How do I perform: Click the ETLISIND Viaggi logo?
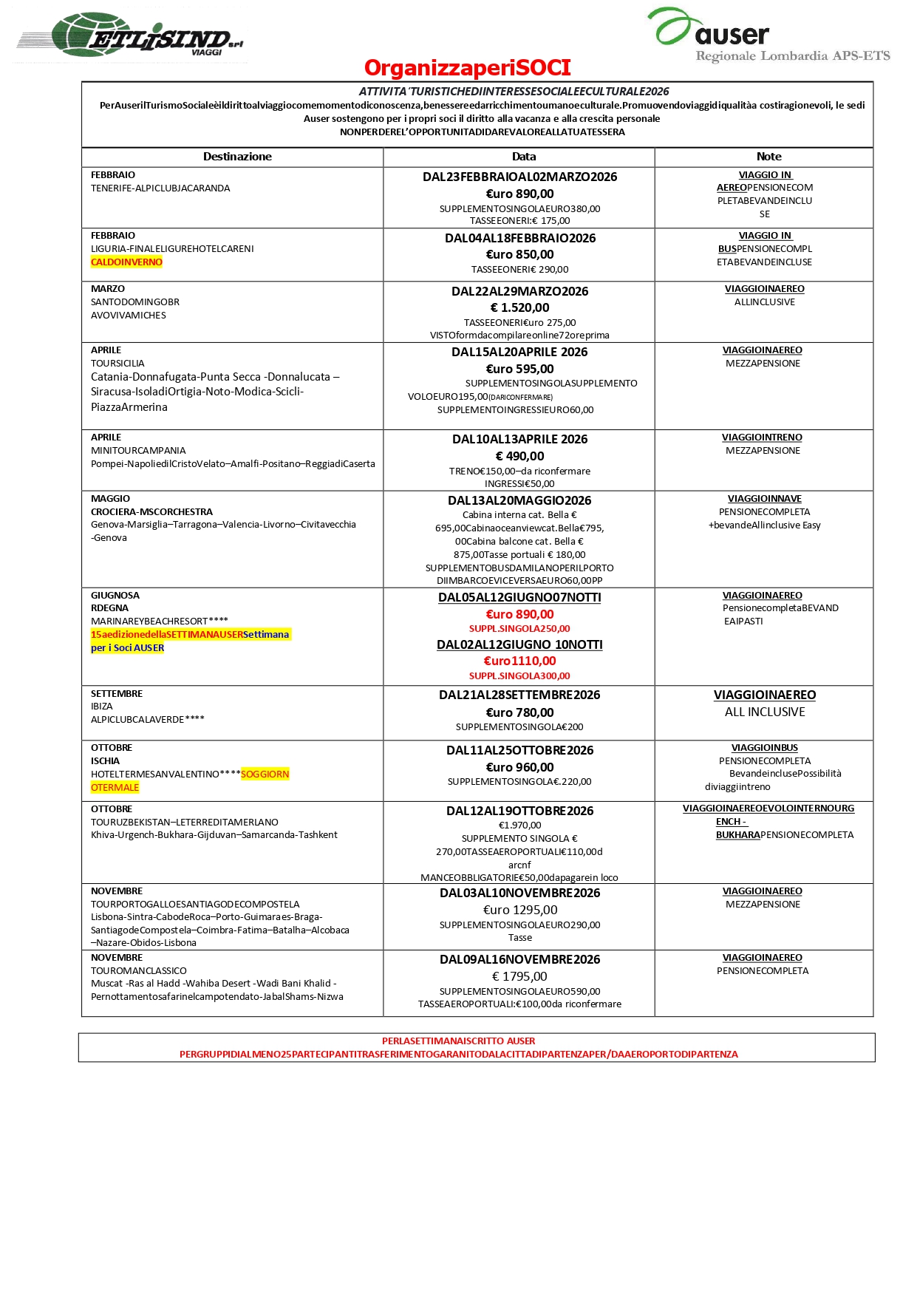pyautogui.click(x=130, y=35)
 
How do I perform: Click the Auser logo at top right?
pyautogui.click(x=768, y=35)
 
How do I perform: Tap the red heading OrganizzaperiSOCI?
pyautogui.click(x=467, y=68)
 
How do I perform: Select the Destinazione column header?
pyautogui.click(x=237, y=157)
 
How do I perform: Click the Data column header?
pyautogui.click(x=523, y=157)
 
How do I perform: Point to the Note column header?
pyautogui.click(x=768, y=157)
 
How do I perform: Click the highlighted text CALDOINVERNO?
pyautogui.click(x=126, y=262)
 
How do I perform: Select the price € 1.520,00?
pyautogui.click(x=519, y=307)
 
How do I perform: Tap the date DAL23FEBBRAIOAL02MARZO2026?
pyautogui.click(x=519, y=177)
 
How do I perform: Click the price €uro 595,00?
pyautogui.click(x=519, y=369)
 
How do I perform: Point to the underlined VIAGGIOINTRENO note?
pyautogui.click(x=762, y=438)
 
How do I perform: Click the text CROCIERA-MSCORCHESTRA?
pyautogui.click(x=151, y=511)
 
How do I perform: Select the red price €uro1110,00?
pyautogui.click(x=519, y=661)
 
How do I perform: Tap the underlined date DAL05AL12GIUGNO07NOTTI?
pyautogui.click(x=519, y=597)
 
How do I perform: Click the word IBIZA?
pyautogui.click(x=102, y=707)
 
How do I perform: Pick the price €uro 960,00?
pyautogui.click(x=519, y=767)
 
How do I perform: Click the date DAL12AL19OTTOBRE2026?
pyautogui.click(x=519, y=811)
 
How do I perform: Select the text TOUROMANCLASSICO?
pyautogui.click(x=139, y=970)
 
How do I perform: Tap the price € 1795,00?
pyautogui.click(x=519, y=976)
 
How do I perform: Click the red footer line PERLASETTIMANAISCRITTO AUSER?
pyautogui.click(x=458, y=1041)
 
